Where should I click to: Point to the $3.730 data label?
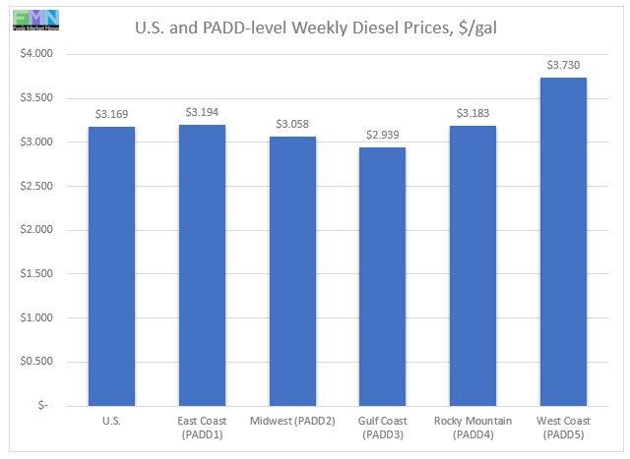point(563,65)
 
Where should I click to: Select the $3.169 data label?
point(111,114)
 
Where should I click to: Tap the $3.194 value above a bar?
point(202,112)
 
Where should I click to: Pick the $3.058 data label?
point(292,124)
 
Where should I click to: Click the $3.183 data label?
point(472,113)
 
